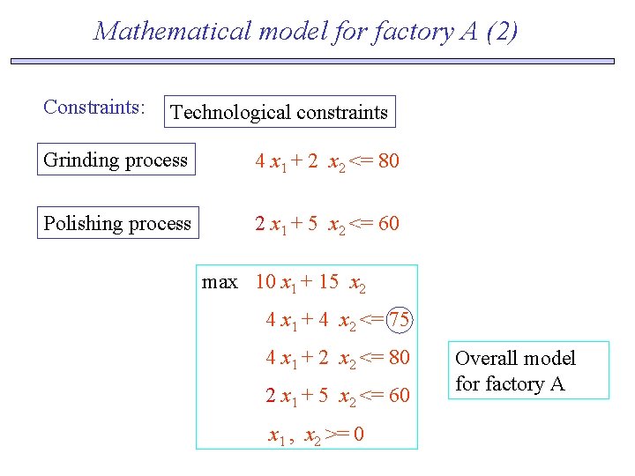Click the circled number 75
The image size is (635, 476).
[x=400, y=320]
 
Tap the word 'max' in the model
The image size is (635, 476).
[x=220, y=282]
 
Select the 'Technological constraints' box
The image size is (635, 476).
[x=280, y=112]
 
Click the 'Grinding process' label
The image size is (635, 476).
[x=116, y=160]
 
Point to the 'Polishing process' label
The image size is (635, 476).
[x=117, y=224]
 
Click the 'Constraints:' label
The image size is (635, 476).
[x=94, y=108]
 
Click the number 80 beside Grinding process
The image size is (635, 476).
[x=388, y=161]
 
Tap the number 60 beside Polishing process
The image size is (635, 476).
[x=388, y=224]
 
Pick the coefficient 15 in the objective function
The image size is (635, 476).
[x=328, y=282]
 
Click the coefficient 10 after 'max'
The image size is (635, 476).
[x=265, y=282]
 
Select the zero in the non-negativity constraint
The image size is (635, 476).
[x=358, y=435]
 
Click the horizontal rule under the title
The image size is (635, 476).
[x=312, y=62]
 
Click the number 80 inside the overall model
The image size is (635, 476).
[x=399, y=358]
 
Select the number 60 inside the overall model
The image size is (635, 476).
[x=399, y=396]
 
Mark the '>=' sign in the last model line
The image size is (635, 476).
[x=336, y=435]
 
